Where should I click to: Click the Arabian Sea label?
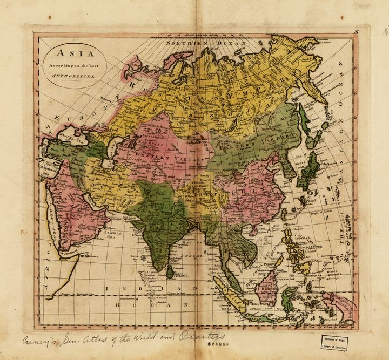pyautogui.click(x=110, y=232)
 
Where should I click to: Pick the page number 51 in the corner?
pyautogui.click(x=357, y=33)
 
